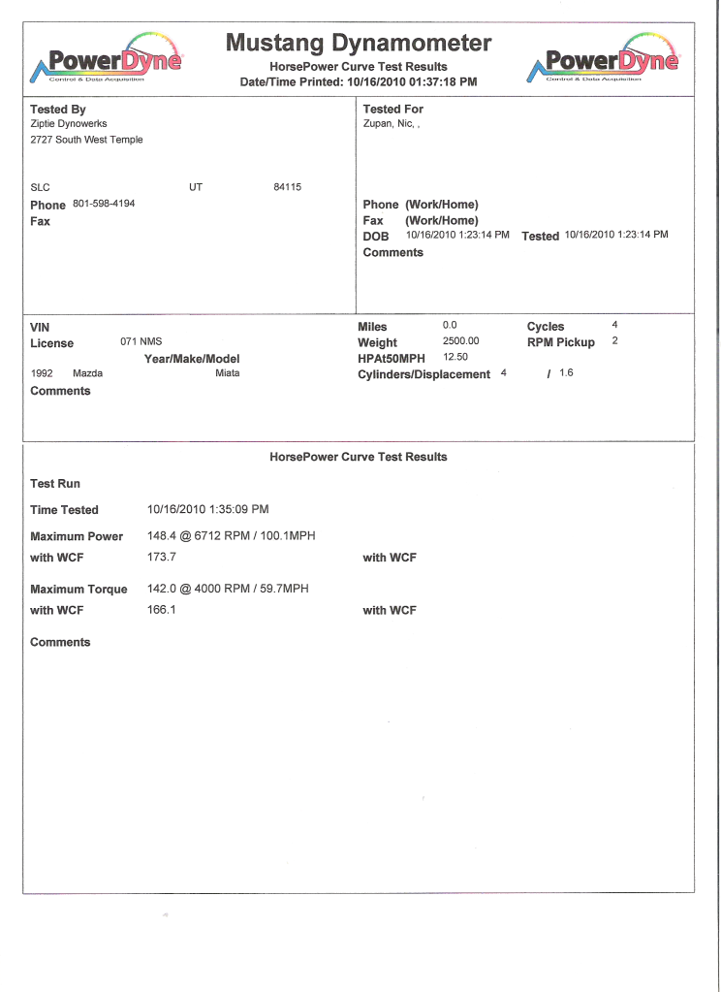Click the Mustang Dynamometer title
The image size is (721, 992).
[x=359, y=44]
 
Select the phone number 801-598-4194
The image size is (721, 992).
[x=104, y=204]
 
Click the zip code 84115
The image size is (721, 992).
[x=288, y=186]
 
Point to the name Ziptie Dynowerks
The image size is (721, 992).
[x=69, y=124]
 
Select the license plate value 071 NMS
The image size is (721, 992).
[x=141, y=342]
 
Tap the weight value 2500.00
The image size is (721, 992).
[x=461, y=341]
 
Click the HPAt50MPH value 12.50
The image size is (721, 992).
[x=455, y=357]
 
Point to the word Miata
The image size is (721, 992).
[x=228, y=373]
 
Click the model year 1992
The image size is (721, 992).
[x=42, y=373]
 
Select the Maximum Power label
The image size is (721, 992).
[x=77, y=536]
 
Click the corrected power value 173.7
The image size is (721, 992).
[x=161, y=558]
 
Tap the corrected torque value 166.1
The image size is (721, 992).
[x=161, y=610]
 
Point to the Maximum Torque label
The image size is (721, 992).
[x=78, y=590]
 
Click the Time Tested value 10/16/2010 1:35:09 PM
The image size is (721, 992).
[x=207, y=509]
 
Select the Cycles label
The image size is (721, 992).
[x=546, y=327]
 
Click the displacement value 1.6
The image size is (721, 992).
[x=566, y=372]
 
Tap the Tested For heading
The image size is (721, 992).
[x=393, y=110]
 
